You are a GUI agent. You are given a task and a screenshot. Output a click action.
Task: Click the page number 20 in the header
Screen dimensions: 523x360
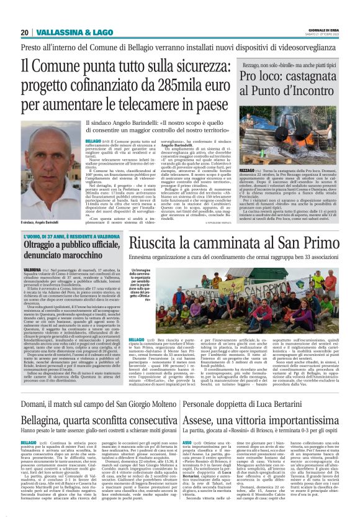coord(24,32)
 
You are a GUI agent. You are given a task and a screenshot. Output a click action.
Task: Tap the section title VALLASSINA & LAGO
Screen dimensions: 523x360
coord(66,32)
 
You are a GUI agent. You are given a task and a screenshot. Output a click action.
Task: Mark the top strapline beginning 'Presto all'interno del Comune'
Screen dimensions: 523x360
coord(179,46)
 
